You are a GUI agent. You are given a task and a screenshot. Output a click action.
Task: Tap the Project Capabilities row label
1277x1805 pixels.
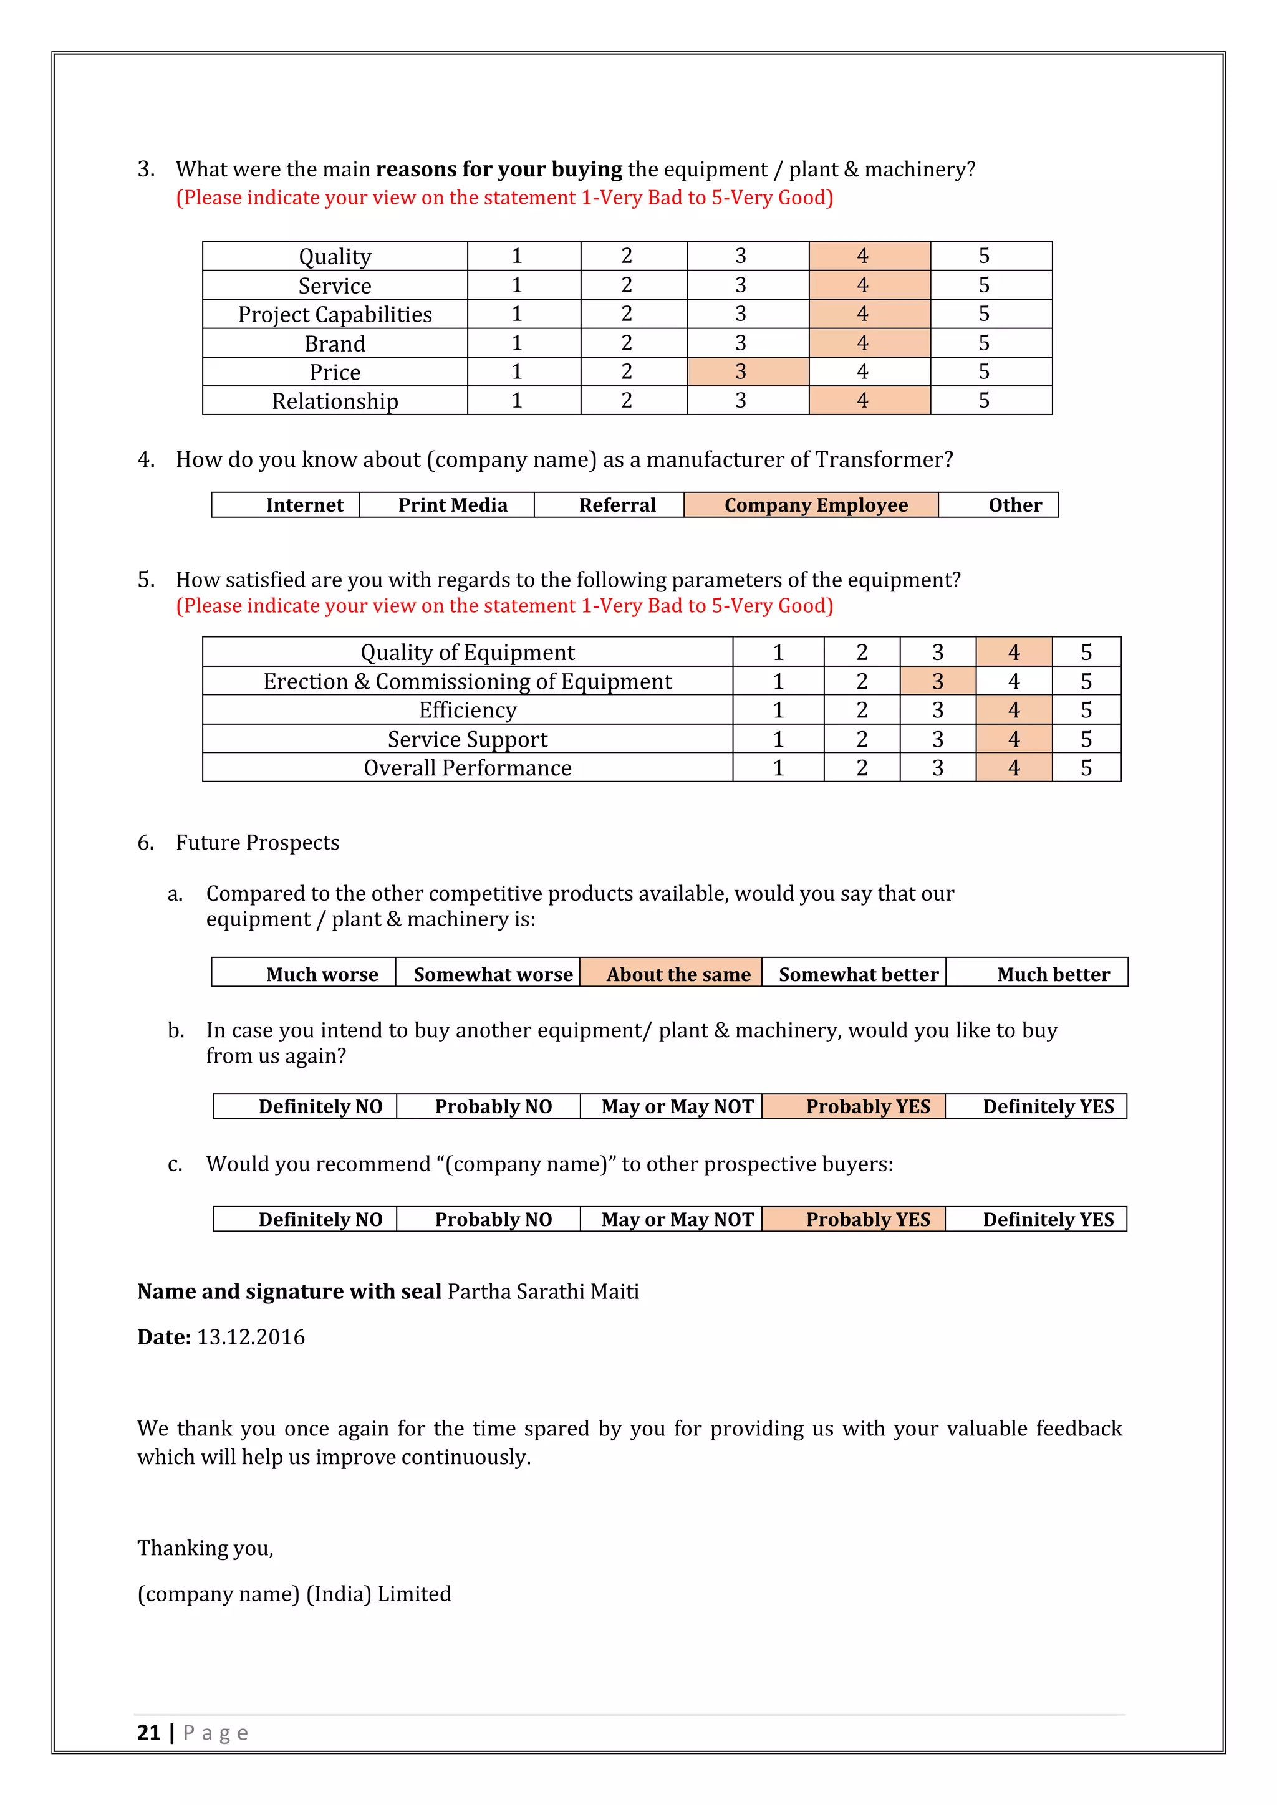(x=335, y=315)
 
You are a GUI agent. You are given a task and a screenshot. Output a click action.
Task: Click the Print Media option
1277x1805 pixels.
(x=452, y=505)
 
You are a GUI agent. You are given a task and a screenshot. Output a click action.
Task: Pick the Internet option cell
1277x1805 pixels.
(x=304, y=505)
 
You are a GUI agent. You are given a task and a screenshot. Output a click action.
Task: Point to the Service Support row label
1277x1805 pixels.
(x=467, y=739)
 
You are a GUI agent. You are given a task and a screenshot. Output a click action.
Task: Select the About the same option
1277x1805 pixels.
(x=678, y=974)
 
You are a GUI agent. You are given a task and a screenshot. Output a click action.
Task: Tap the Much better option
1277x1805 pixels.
(x=1053, y=974)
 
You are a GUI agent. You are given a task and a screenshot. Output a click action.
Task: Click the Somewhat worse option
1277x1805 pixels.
(x=493, y=974)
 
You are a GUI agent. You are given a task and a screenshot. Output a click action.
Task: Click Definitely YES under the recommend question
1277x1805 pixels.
(x=1048, y=1218)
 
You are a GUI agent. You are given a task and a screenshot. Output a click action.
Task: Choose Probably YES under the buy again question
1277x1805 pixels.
(x=867, y=1106)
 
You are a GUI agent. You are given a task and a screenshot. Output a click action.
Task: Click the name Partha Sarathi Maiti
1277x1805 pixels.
(x=542, y=1291)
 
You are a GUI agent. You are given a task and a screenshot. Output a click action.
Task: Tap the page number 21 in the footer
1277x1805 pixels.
(x=148, y=1733)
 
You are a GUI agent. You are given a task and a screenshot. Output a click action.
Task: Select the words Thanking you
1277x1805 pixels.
(x=205, y=1548)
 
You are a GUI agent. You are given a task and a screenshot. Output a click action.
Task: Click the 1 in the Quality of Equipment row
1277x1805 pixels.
(x=778, y=652)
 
